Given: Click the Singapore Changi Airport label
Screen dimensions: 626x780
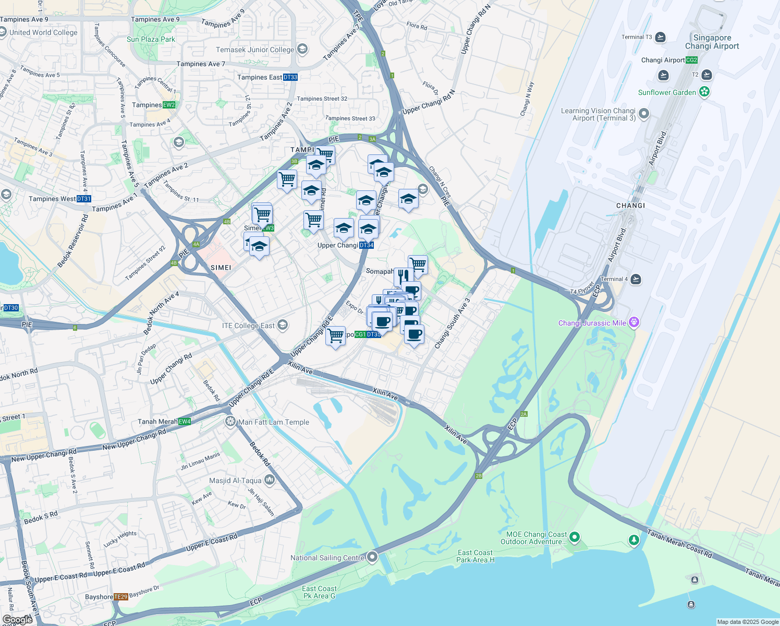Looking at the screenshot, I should tap(712, 42).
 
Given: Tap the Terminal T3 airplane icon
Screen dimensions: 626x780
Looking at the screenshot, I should tap(661, 37).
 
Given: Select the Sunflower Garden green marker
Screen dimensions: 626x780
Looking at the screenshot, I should tap(704, 92).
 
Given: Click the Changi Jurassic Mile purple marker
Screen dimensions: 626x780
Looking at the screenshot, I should tap(633, 323).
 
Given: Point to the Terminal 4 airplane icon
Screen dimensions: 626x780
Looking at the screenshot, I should tap(635, 279).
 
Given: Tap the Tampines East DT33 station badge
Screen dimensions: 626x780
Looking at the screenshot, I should tap(290, 77).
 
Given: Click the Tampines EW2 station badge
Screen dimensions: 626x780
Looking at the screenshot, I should tap(169, 105).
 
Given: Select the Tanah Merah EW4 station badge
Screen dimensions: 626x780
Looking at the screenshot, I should tap(185, 422).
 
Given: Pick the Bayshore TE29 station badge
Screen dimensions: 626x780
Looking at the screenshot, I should tap(120, 597).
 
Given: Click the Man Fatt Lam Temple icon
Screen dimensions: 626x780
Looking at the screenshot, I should tap(230, 422).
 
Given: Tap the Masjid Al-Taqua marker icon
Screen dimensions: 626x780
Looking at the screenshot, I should tap(269, 480).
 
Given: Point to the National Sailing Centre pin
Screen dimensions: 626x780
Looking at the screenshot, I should tap(372, 557).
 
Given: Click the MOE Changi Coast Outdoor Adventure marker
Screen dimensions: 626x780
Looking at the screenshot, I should tap(574, 537).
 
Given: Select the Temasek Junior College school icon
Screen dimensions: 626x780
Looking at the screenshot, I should tap(302, 50).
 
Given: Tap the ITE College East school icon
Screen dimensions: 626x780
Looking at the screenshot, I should tap(282, 326).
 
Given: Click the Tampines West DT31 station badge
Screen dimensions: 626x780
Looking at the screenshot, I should tap(84, 199).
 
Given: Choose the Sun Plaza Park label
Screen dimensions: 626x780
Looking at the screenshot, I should tap(151, 39).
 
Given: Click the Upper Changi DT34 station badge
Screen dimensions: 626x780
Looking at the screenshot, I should tap(367, 245).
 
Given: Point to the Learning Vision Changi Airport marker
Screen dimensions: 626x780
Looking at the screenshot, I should tap(644, 114).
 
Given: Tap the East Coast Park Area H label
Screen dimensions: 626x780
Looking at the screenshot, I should tap(475, 556).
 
